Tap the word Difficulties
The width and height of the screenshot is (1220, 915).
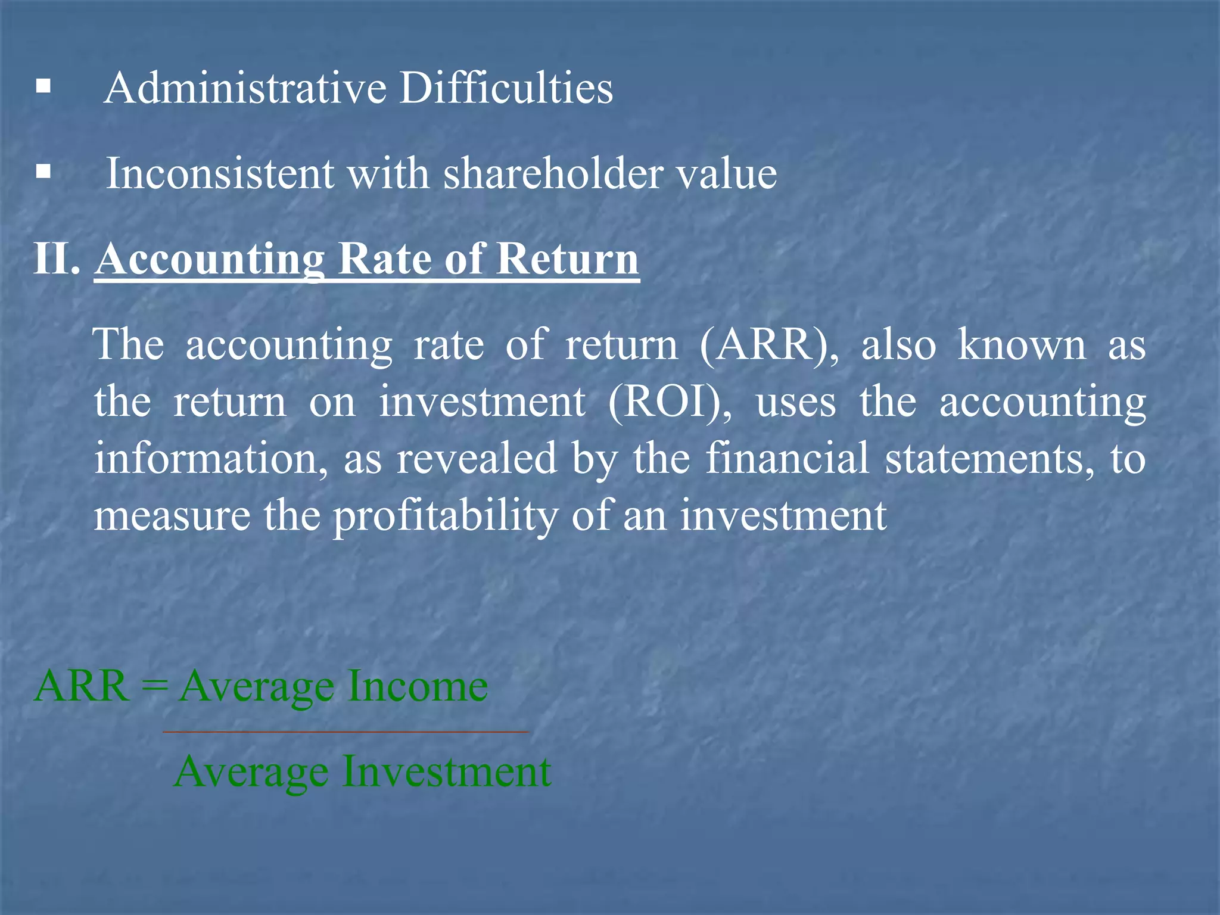506,88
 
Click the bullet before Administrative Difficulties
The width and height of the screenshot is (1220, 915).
43,88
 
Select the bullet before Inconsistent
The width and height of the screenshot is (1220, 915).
43,173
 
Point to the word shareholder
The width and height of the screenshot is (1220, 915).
553,173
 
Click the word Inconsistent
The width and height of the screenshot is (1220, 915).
220,173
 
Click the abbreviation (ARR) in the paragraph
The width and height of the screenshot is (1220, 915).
769,345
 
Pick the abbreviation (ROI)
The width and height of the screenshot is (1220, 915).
670,402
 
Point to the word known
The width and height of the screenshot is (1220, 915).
1022,345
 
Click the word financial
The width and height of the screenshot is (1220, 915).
787,458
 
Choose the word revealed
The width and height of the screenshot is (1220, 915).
477,458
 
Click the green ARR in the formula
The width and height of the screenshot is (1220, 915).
82,686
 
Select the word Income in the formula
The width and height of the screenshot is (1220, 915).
418,686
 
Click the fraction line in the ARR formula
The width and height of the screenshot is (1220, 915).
346,732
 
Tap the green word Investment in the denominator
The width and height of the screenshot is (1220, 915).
447,771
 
